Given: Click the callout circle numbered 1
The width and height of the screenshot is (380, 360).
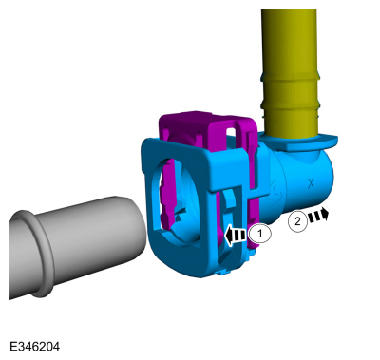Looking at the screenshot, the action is click(x=260, y=234).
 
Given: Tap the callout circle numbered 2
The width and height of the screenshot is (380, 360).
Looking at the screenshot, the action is click(x=297, y=221).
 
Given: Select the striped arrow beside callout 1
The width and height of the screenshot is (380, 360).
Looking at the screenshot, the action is click(x=236, y=236).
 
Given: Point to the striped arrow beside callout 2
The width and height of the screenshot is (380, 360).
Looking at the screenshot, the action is click(x=318, y=215).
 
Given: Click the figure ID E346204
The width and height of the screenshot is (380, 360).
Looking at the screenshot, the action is click(x=34, y=347).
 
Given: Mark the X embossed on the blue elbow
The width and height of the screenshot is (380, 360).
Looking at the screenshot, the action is click(x=311, y=183).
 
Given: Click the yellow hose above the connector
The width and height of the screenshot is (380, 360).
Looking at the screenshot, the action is click(x=290, y=73).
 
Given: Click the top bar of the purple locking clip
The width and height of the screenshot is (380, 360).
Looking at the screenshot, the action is click(x=206, y=118).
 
